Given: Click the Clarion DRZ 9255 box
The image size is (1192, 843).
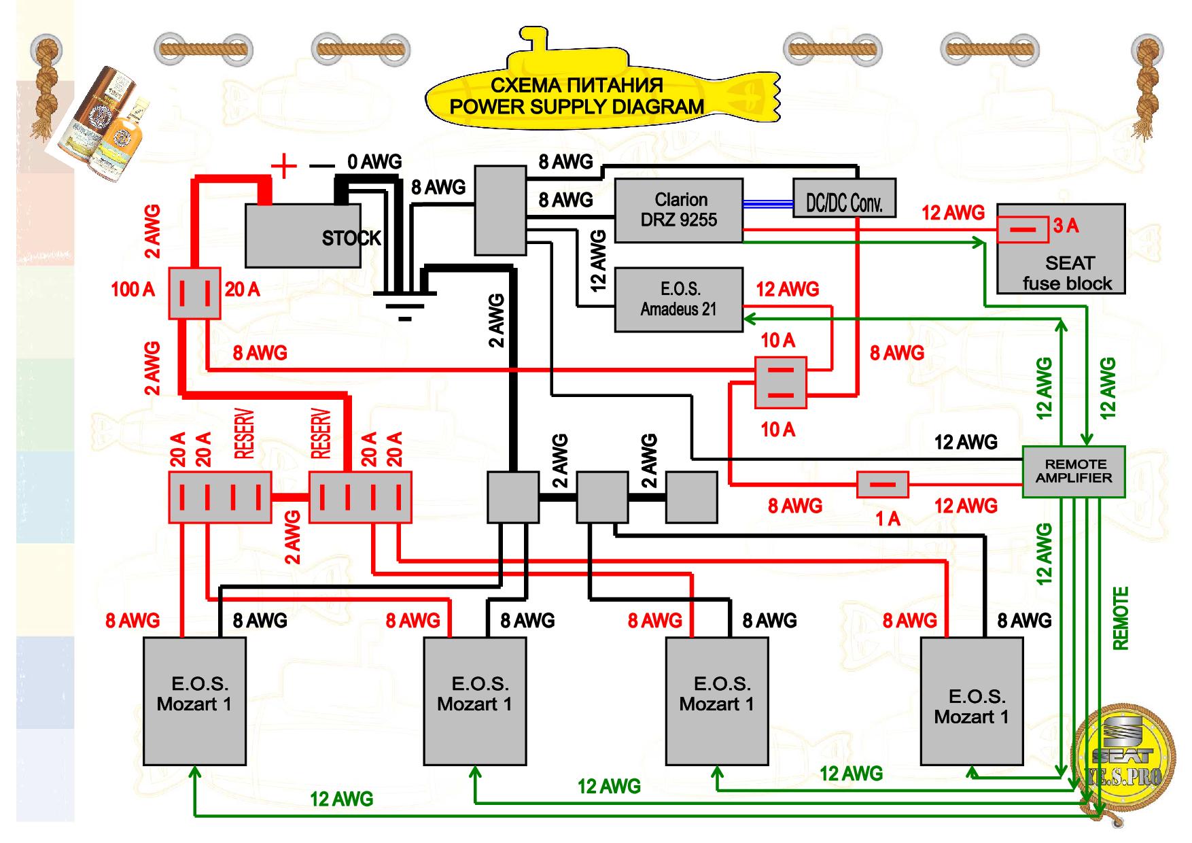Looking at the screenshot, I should [678, 210].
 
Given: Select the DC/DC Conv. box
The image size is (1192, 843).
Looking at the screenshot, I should [844, 198].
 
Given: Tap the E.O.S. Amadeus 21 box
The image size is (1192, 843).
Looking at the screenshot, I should [678, 300].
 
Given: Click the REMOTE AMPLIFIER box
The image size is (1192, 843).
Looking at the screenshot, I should [1074, 471].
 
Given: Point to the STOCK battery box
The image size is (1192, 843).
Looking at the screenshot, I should [313, 235].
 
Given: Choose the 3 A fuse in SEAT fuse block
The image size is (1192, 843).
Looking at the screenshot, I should [1022, 229].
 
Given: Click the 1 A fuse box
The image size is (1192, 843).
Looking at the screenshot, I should [882, 485].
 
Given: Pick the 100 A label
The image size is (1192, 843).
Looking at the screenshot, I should [133, 290].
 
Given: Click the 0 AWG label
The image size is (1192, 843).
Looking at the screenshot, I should [374, 162].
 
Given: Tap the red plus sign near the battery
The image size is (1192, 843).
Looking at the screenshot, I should [284, 165].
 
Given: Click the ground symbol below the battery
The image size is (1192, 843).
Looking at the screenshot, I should [404, 306].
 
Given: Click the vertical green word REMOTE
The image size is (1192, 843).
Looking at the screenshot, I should [1120, 618].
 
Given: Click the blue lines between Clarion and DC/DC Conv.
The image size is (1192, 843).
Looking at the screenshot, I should [768, 203].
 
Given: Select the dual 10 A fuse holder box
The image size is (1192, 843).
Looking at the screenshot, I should [781, 382].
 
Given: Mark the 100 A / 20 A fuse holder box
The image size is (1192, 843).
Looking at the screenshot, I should [194, 292].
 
